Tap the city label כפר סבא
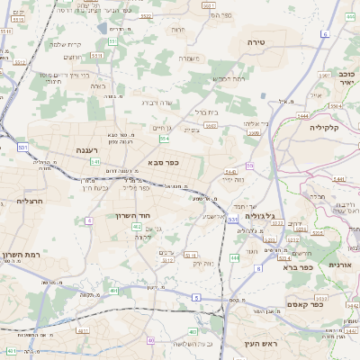(164, 163)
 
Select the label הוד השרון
(132, 215)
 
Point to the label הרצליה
(30, 202)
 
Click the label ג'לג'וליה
(259, 217)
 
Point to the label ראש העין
(263, 344)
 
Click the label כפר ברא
(296, 267)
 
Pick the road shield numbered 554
(164, 139)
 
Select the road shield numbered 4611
(83, 330)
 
